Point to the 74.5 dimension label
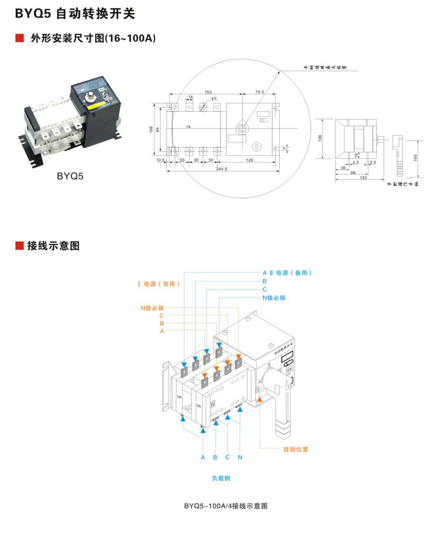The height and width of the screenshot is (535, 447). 259,92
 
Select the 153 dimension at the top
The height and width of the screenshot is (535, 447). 208,92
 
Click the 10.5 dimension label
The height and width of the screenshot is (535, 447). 160,160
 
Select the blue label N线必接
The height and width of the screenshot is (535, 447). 273,298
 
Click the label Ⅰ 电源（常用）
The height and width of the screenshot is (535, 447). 158,283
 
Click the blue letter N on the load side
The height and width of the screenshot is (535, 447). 240,457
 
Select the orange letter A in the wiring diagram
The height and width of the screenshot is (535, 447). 162,331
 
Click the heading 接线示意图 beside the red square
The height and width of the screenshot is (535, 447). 53,246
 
